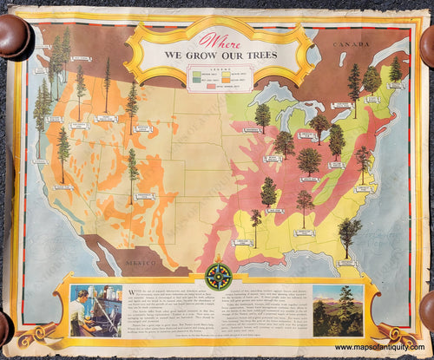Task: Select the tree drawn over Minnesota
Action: tap(262, 116)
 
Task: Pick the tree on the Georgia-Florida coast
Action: tap(349, 233)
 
